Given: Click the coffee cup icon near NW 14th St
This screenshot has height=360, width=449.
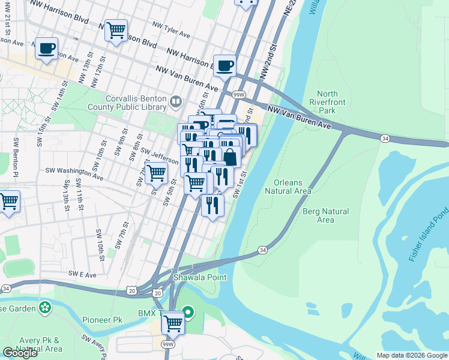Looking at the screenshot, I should [46, 48].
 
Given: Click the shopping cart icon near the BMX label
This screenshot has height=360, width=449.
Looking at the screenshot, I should [173, 322].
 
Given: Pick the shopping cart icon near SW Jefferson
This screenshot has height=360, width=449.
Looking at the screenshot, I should [156, 173].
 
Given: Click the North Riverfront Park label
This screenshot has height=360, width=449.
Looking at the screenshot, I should [327, 102].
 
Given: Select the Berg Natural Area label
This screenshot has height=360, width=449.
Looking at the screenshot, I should [326, 215].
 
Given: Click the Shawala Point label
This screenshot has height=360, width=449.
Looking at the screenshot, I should [200, 277].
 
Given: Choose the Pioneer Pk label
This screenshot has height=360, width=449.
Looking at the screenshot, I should [102, 320].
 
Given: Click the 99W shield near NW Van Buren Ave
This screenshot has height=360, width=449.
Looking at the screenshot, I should [238, 95].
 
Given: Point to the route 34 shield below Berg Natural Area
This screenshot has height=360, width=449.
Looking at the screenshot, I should [262, 250].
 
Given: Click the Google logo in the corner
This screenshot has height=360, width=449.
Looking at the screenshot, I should [20, 353].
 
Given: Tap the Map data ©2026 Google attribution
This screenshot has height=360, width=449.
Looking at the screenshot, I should [412, 355].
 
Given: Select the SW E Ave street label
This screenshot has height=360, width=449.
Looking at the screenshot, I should [82, 274].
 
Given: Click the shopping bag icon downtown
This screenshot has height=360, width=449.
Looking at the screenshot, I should [231, 158].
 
